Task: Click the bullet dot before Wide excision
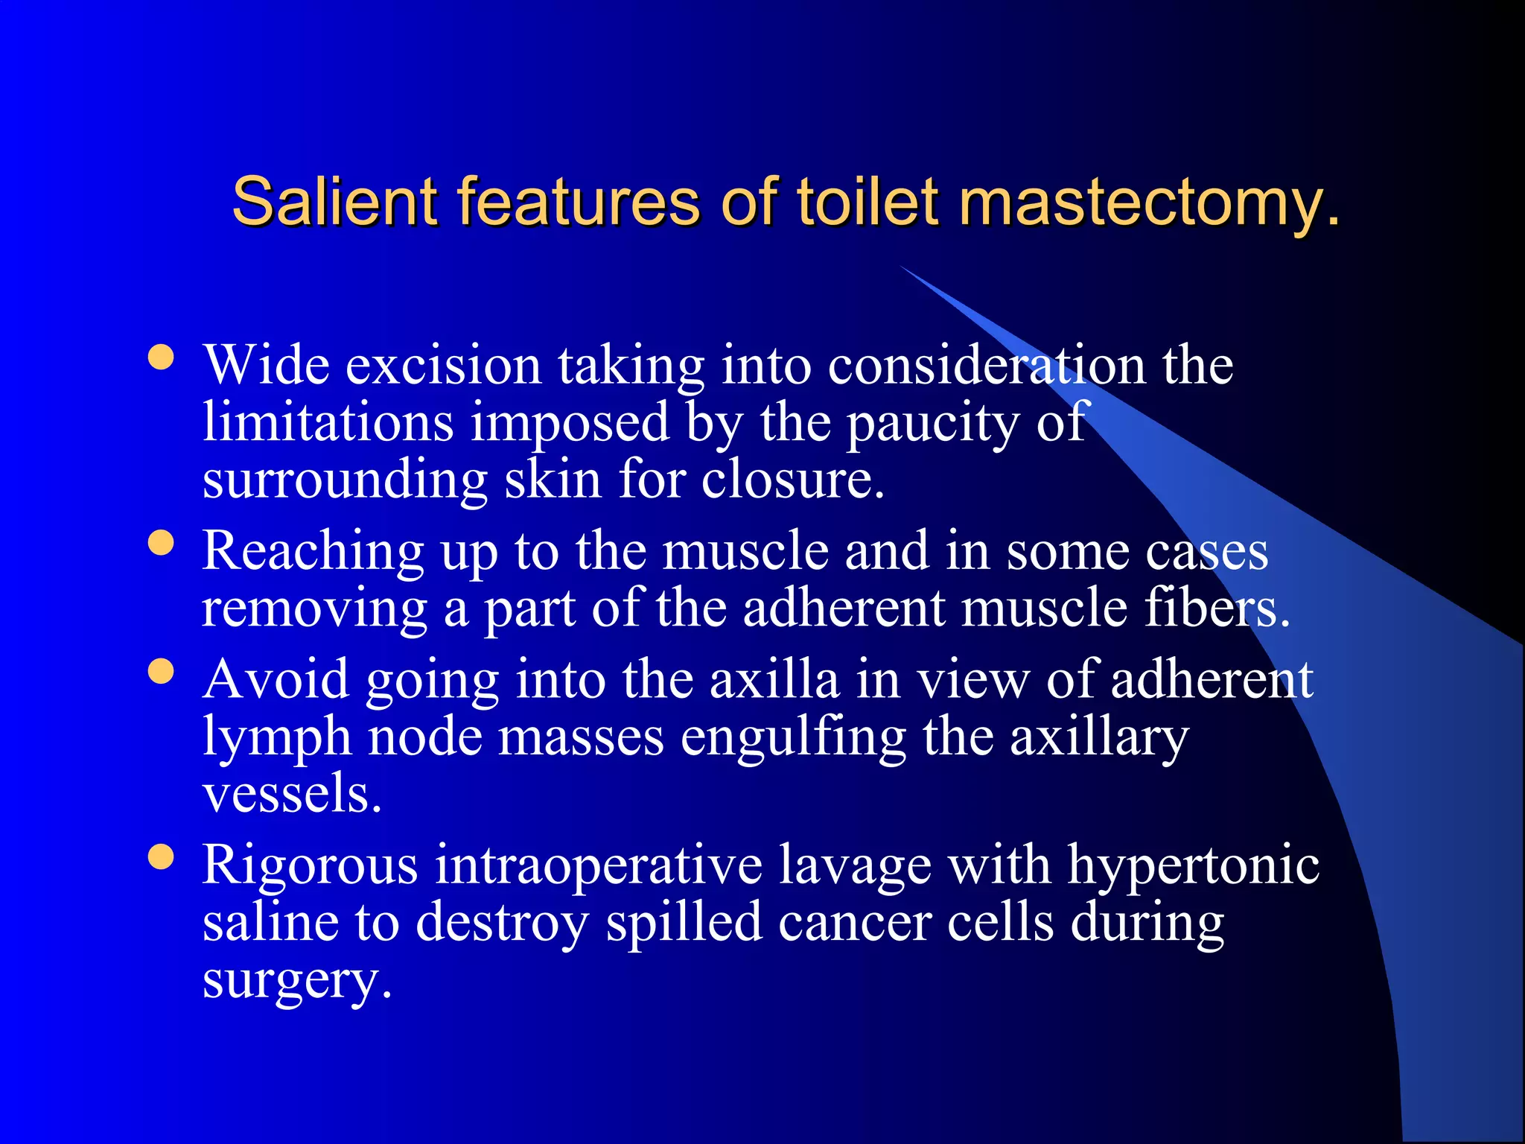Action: click(x=161, y=357)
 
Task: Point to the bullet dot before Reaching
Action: click(x=161, y=543)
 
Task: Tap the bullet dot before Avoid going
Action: click(x=161, y=671)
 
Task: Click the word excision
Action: click(x=443, y=366)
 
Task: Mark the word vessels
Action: click(x=291, y=794)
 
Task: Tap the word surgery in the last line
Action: click(x=296, y=982)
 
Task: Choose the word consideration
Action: click(x=987, y=366)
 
